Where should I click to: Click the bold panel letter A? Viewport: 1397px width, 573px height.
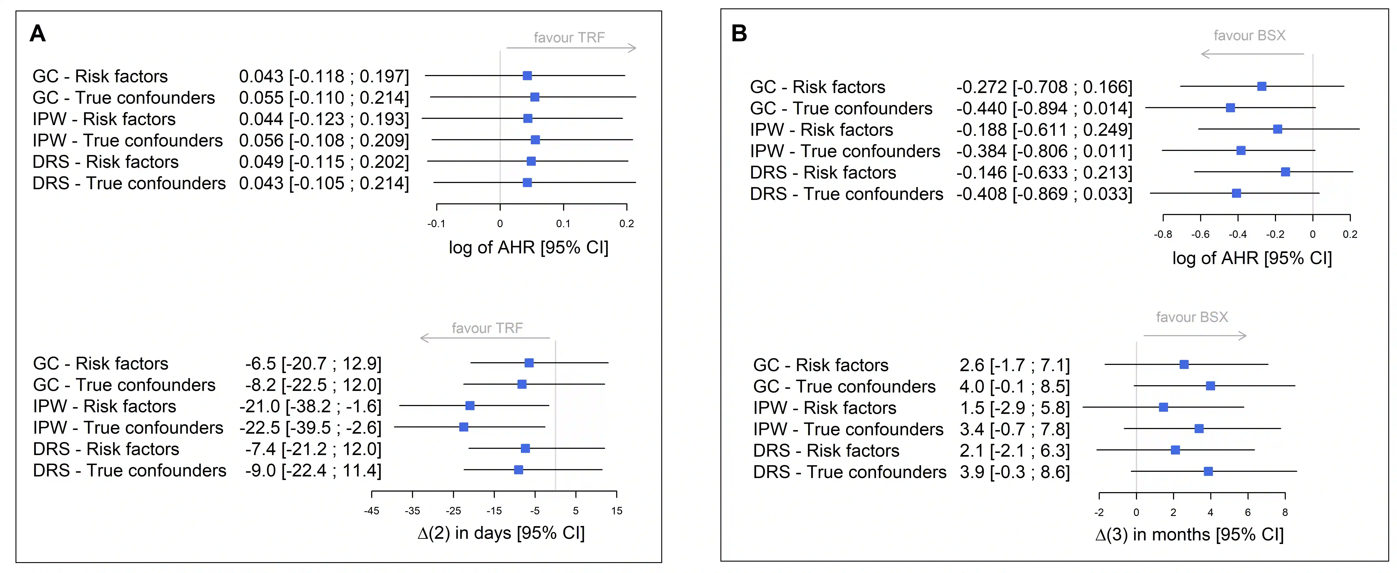point(37,34)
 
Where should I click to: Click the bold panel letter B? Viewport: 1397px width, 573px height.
point(739,34)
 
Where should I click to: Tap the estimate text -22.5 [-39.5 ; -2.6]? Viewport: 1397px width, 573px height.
point(310,428)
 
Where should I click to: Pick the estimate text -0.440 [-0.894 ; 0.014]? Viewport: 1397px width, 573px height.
point(1044,109)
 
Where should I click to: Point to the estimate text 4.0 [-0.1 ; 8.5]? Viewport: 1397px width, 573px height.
point(1014,386)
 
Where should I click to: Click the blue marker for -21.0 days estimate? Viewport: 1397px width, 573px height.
point(470,406)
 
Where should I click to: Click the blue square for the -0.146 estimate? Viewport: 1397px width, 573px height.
point(1285,172)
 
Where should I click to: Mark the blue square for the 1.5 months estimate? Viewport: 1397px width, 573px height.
point(1163,407)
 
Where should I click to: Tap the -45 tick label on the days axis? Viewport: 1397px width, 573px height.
point(372,511)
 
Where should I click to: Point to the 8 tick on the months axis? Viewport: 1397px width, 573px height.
point(1285,512)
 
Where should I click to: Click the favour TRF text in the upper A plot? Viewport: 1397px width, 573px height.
point(569,37)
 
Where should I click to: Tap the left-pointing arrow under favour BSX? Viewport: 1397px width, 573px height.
point(1252,54)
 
